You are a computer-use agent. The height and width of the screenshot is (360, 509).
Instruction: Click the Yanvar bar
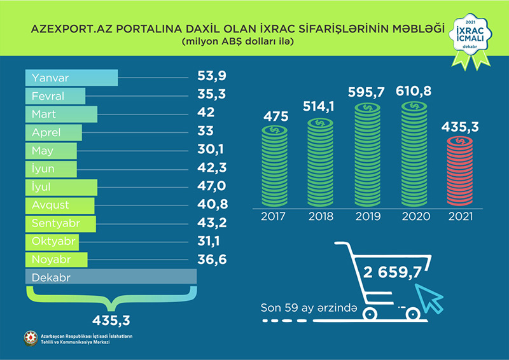coord(71,78)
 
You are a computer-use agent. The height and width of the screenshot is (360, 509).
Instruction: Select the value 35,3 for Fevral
coord(211,95)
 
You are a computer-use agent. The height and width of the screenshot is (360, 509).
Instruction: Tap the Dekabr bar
coord(111,278)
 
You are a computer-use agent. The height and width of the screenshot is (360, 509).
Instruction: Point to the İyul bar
coord(61,187)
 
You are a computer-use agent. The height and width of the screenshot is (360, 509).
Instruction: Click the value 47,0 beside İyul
coord(212,187)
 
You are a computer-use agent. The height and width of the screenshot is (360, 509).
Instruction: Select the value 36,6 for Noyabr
coord(211,260)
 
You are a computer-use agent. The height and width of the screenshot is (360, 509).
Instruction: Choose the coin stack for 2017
coord(274,167)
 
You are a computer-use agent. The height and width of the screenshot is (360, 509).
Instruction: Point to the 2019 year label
coord(367,217)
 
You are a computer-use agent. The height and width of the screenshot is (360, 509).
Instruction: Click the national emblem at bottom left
coord(30,339)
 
